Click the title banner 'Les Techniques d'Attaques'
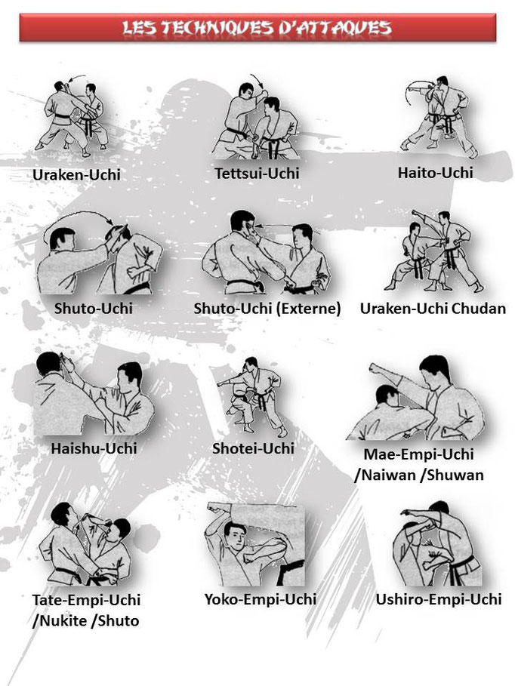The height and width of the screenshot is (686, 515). (257, 27)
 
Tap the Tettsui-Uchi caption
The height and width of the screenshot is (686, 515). (257, 174)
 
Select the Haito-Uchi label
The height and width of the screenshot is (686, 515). (435, 172)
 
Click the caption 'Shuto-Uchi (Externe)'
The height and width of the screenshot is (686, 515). (267, 309)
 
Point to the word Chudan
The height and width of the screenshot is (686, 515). (479, 309)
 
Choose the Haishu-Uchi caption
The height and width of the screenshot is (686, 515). (94, 448)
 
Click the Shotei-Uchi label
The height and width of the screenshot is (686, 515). (253, 448)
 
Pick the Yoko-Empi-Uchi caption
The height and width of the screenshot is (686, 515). (261, 599)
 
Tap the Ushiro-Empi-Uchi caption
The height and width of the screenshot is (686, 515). (439, 599)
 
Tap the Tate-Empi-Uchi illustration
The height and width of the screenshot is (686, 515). (85, 544)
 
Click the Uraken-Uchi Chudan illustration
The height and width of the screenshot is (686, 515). (433, 251)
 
